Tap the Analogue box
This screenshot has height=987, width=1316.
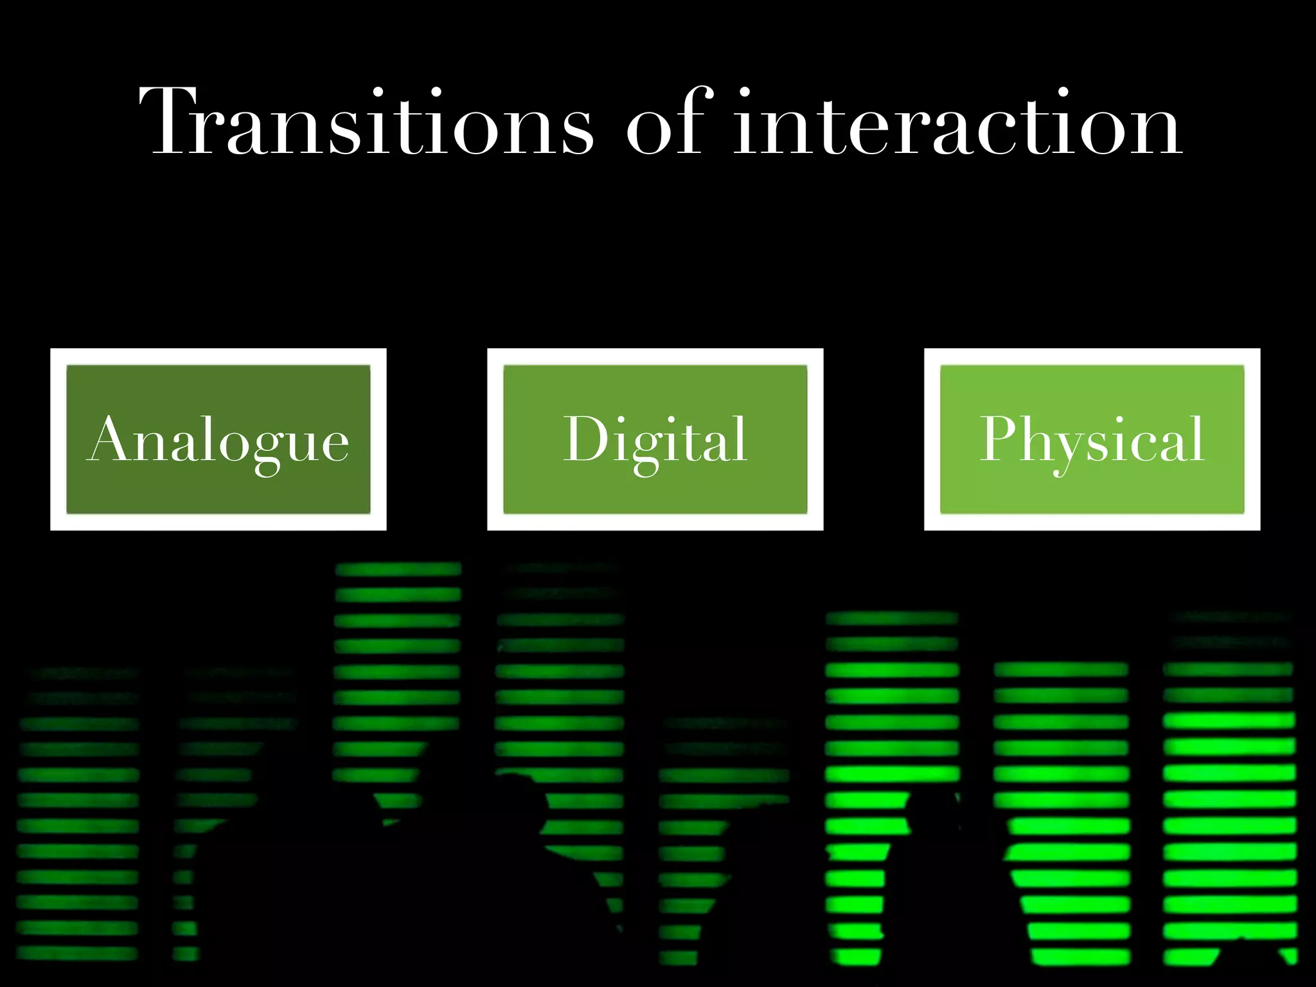(x=218, y=440)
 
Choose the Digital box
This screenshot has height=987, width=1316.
(x=655, y=440)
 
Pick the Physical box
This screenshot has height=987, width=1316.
(x=1092, y=440)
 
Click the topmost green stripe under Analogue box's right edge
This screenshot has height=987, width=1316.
(x=398, y=569)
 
